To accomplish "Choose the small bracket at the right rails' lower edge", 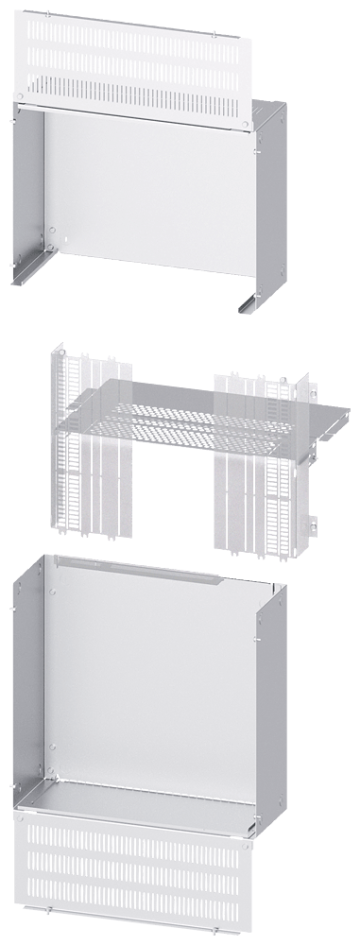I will [x=309, y=521].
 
